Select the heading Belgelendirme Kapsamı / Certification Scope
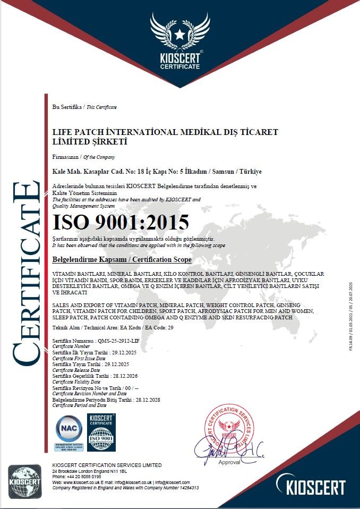pyautogui.click(x=122, y=259)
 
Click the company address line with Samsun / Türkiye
pyautogui.click(x=157, y=172)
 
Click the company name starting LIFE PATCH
pyautogui.click(x=165, y=137)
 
